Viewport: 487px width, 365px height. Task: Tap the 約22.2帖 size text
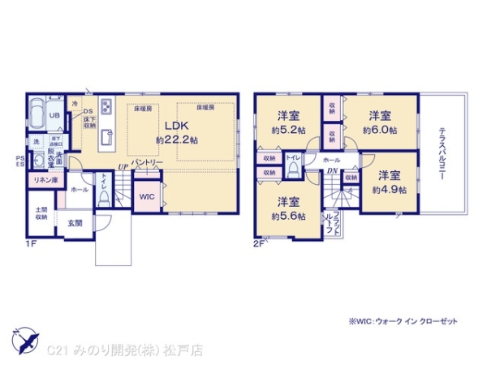[x=177, y=140]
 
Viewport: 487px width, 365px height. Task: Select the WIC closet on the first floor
[x=147, y=196]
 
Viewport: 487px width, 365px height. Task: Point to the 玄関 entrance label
[x=74, y=222]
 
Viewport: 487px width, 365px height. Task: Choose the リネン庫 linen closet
[x=45, y=179]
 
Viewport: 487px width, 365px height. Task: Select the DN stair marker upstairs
[x=333, y=172]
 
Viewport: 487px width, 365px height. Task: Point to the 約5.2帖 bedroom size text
[x=290, y=129]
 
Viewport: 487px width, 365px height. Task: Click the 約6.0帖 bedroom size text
[x=380, y=129]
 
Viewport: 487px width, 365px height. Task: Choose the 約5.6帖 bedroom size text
[x=289, y=216]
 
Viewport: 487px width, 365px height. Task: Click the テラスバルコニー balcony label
[x=443, y=154]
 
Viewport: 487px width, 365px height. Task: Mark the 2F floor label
[x=259, y=242]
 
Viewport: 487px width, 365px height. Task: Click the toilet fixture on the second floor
[x=293, y=170]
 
